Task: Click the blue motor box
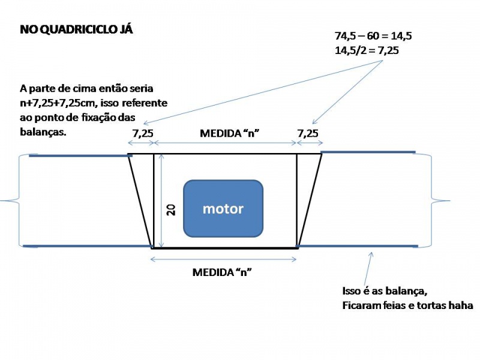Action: pyautogui.click(x=223, y=208)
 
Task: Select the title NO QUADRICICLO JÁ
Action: pyautogui.click(x=77, y=29)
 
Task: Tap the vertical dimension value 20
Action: pyautogui.click(x=171, y=210)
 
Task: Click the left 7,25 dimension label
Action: pyautogui.click(x=143, y=133)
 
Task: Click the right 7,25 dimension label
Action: pyautogui.click(x=308, y=133)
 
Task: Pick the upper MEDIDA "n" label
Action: pyautogui.click(x=230, y=133)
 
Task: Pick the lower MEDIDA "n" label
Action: pyautogui.click(x=222, y=272)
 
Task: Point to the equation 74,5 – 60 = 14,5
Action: pyautogui.click(x=373, y=36)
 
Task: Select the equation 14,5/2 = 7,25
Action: pyautogui.click(x=367, y=50)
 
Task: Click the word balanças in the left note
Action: pyautogui.click(x=43, y=132)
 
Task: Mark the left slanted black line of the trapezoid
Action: pyautogui.click(x=140, y=201)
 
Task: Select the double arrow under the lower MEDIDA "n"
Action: pyautogui.click(x=223, y=259)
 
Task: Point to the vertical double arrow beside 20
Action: pyautogui.click(x=161, y=201)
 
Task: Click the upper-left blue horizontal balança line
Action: pyautogui.click(x=81, y=156)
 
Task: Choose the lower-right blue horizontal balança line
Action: pyautogui.click(x=357, y=246)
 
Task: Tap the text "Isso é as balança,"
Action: pyautogui.click(x=385, y=291)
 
